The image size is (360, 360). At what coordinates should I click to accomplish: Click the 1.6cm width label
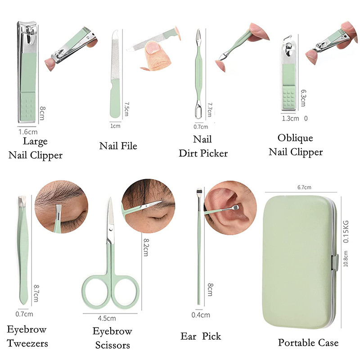point(28,132)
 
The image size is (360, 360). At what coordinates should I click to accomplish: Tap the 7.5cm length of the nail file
point(126,109)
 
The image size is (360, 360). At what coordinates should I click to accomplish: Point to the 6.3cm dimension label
point(303,98)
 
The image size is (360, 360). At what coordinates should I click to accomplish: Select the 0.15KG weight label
point(346,231)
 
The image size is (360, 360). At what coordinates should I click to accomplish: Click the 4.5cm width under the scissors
point(107,319)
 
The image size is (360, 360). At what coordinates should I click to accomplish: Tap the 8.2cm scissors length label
point(146,247)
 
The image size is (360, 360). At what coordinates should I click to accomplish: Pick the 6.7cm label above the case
point(304,187)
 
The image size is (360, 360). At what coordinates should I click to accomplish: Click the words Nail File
point(118,146)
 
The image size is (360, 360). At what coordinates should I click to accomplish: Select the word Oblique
point(295,138)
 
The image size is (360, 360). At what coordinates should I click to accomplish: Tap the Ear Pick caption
point(201,336)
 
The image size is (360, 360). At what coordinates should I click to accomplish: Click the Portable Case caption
point(308,342)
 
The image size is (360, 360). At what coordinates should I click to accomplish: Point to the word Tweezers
point(27,343)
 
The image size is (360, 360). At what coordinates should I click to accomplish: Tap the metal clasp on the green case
point(335,262)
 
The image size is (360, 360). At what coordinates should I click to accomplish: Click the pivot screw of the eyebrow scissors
point(111,229)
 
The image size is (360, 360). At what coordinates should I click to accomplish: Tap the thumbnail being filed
point(153,48)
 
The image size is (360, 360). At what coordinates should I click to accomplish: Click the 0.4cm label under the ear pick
point(201,315)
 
